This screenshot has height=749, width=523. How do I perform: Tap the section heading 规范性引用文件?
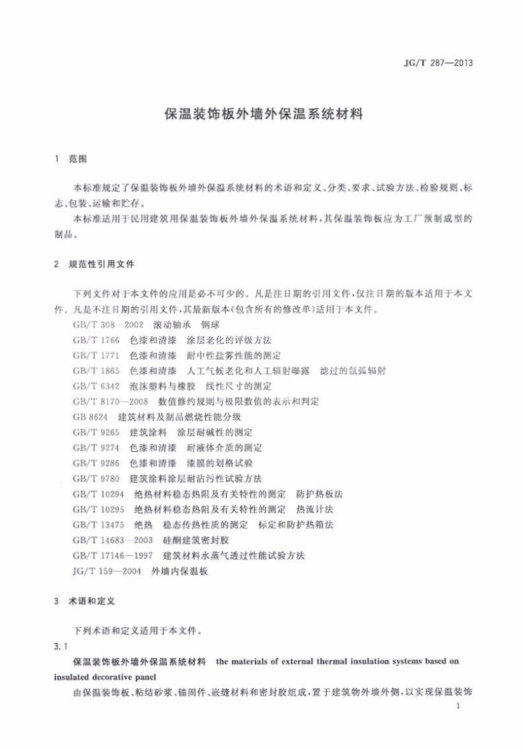pyautogui.click(x=101, y=264)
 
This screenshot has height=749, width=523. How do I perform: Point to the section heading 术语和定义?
pyautogui.click(x=92, y=601)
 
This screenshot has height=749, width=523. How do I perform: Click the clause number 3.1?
pyautogui.click(x=61, y=646)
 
